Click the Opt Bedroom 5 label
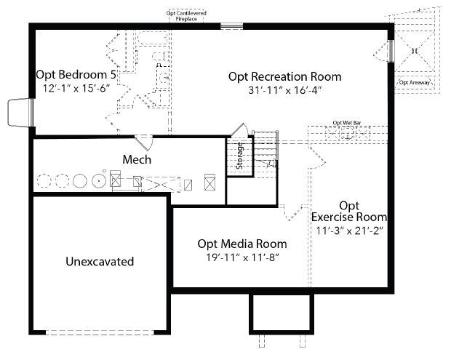(76, 75)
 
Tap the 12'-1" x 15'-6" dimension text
(76, 88)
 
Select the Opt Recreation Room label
(284, 77)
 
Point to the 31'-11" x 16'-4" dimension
(284, 90)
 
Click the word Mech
(137, 159)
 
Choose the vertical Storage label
(239, 156)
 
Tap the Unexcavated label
(100, 262)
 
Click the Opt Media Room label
(242, 244)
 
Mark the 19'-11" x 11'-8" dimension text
(242, 257)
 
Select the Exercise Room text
(349, 217)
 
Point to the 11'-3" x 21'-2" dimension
(350, 231)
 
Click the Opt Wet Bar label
(346, 123)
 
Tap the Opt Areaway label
(415, 82)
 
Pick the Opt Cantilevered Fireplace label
(186, 16)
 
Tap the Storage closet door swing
(240, 129)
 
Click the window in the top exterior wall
(232, 26)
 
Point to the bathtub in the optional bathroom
(153, 39)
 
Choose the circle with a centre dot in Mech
(99, 181)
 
